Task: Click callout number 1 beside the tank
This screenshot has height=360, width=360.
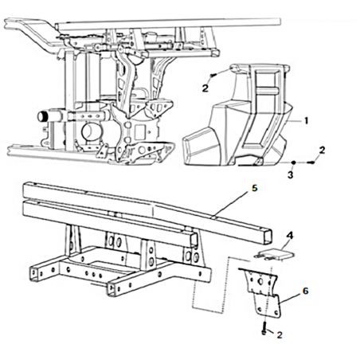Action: click(x=306, y=121)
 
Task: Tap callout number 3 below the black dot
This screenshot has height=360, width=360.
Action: click(x=291, y=175)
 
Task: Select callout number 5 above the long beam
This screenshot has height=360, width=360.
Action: click(x=255, y=188)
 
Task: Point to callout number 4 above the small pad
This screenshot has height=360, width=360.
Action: click(x=290, y=235)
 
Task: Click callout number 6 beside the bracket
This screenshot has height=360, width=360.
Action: click(x=306, y=291)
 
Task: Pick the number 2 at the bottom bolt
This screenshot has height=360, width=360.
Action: click(x=280, y=335)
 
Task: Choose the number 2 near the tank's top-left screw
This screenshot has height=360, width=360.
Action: click(x=205, y=88)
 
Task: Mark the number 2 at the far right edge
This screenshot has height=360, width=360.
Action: click(x=322, y=151)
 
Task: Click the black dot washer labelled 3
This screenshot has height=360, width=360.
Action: click(x=293, y=162)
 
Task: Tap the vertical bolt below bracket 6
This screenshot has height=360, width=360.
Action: click(x=264, y=328)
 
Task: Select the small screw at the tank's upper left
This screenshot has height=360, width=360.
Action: click(x=213, y=76)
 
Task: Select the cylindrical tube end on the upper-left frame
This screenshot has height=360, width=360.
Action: click(x=42, y=116)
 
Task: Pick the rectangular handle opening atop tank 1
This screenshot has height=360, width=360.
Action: click(x=268, y=80)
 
